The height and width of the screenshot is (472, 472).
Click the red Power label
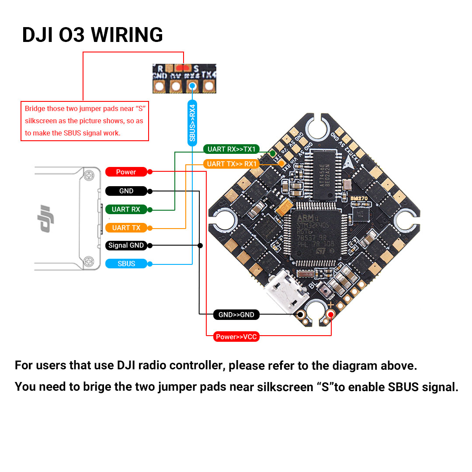pyautogui.click(x=126, y=172)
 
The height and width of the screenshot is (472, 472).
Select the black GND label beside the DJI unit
pyautogui.click(x=126, y=191)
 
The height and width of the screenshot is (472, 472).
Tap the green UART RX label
pyautogui.click(x=126, y=209)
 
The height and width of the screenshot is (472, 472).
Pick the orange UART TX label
pyautogui.click(x=126, y=228)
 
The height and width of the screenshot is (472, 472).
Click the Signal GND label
pyautogui.click(x=126, y=245)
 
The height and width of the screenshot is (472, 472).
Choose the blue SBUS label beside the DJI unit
pyautogui.click(x=126, y=264)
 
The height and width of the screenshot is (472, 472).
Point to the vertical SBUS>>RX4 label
pyautogui.click(x=192, y=122)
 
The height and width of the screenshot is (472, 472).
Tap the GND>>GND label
pyautogui.click(x=236, y=315)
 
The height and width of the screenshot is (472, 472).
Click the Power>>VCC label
pyautogui.click(x=236, y=337)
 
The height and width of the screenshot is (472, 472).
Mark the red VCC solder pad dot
pyautogui.click(x=331, y=314)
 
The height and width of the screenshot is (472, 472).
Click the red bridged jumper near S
pyautogui.click(x=184, y=68)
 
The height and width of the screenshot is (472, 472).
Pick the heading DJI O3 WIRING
pyautogui.click(x=92, y=35)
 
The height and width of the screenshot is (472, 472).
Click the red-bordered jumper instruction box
pyautogui.click(x=85, y=121)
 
